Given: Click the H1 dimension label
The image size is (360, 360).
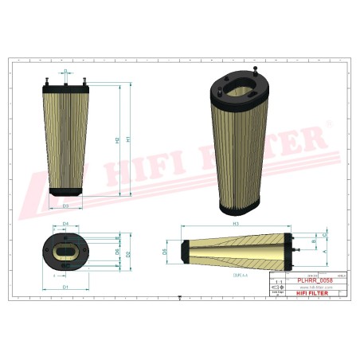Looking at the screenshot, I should (129, 140).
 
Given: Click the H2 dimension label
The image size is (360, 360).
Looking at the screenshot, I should (117, 140).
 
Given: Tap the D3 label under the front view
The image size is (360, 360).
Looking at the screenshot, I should (66, 205).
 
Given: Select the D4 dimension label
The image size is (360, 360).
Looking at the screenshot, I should (65, 224).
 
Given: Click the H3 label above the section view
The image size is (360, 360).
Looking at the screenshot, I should (236, 224).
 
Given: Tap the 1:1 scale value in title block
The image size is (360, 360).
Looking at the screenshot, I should (277, 283).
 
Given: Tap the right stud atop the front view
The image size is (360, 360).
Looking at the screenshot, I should (84, 77).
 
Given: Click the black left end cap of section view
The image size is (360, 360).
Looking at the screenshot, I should (183, 251).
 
